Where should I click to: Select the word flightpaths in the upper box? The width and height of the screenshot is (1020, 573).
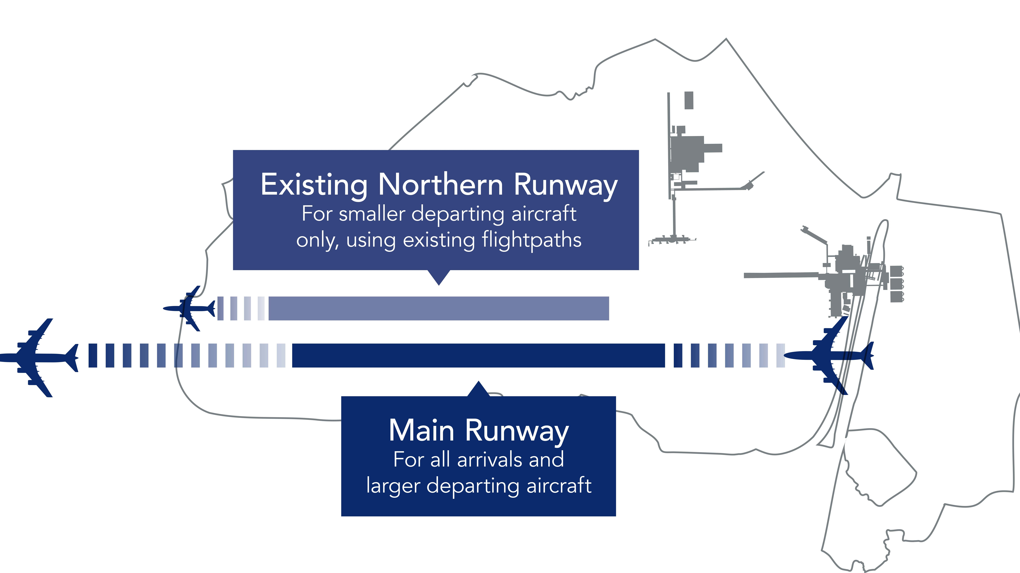tap(531, 240)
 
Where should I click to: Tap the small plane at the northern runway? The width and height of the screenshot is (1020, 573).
tap(189, 308)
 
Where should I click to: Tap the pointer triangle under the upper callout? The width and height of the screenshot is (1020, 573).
tap(439, 276)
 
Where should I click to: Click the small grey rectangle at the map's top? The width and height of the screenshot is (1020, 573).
tap(689, 100)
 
